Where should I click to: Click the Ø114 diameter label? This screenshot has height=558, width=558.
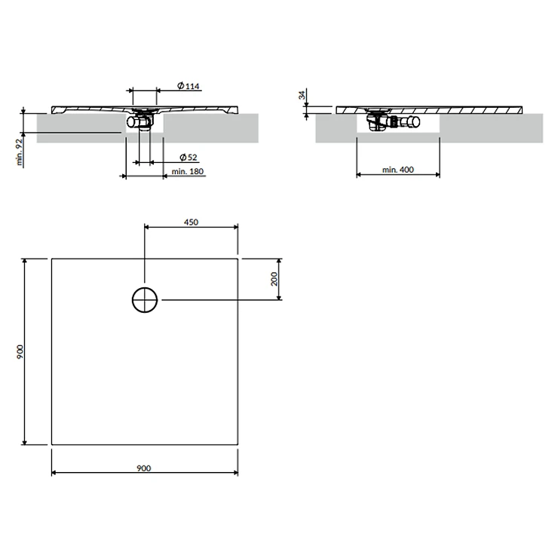(189, 86)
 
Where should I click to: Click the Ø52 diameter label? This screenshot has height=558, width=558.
(189, 157)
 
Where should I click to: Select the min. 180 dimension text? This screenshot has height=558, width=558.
(188, 171)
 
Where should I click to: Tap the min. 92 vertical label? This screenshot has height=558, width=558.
(20, 152)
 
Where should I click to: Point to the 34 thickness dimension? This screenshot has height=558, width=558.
(302, 95)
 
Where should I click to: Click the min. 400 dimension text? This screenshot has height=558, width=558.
(398, 170)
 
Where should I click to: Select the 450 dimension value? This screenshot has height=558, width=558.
(191, 222)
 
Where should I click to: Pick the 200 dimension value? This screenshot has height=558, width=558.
(274, 279)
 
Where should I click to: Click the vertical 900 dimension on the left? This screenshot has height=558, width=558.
(20, 351)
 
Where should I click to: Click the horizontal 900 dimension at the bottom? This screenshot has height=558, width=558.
(144, 468)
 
